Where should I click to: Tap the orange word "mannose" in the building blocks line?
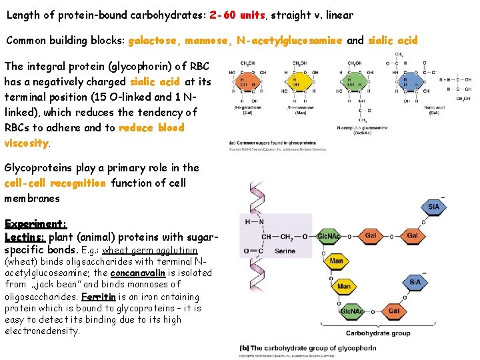(x=206, y=40)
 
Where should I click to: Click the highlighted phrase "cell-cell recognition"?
(x=55, y=183)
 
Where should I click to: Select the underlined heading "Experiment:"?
(x=35, y=224)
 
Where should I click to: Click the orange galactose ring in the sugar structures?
(x=249, y=83)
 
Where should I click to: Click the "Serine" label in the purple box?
(x=285, y=251)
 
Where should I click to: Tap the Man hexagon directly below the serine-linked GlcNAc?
(x=336, y=261)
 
